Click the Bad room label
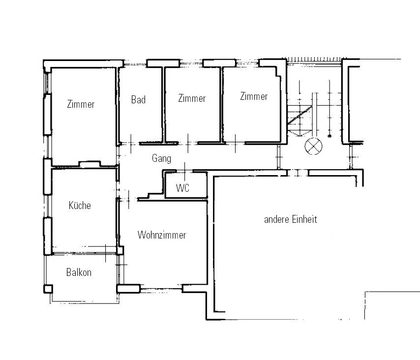click(x=139, y=100)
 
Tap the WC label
click(x=182, y=188)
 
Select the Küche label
click(x=80, y=206)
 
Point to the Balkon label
click(x=79, y=272)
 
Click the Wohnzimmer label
click(x=162, y=235)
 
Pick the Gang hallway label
click(x=161, y=158)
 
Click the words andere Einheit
click(x=291, y=219)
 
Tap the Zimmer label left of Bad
click(x=81, y=104)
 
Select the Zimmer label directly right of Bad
click(x=192, y=98)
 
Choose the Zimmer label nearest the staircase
click(x=254, y=96)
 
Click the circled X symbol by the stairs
click(x=313, y=146)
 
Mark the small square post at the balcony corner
click(x=48, y=289)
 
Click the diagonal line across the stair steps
click(x=300, y=115)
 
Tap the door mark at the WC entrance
click(x=184, y=172)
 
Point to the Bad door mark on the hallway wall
click(x=131, y=144)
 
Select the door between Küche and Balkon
click(x=106, y=253)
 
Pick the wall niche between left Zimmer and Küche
click(x=90, y=164)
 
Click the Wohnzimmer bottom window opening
click(x=161, y=289)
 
